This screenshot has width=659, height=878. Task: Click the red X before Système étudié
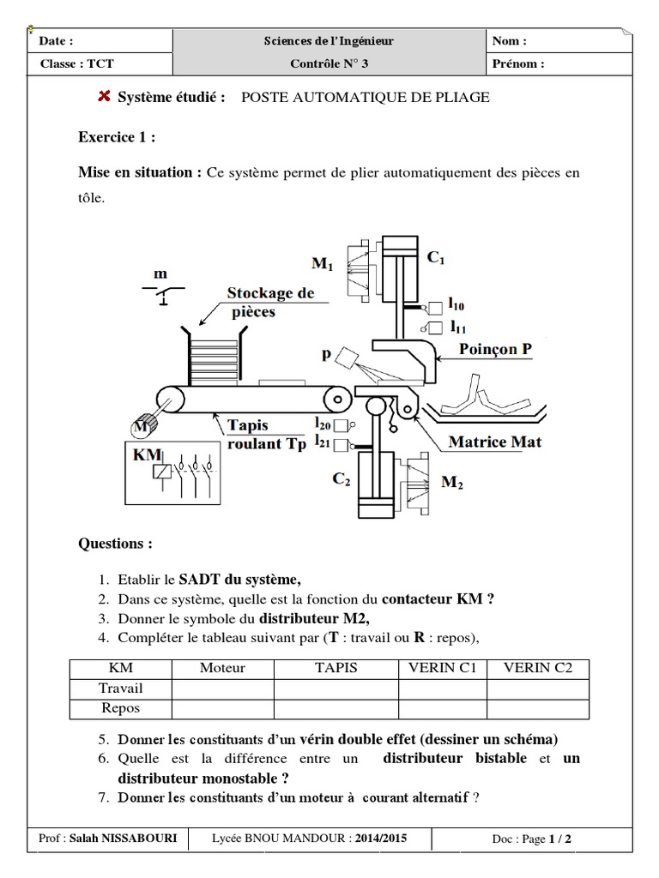(104, 97)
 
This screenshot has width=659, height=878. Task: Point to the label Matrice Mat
(494, 443)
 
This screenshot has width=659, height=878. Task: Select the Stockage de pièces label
(269, 303)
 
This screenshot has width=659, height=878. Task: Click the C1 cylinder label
(436, 257)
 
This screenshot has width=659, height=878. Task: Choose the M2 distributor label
(452, 483)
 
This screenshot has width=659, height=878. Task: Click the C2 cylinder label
(342, 481)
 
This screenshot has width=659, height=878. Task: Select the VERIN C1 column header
(442, 668)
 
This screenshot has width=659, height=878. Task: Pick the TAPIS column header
(336, 668)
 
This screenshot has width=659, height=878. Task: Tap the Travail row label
(121, 689)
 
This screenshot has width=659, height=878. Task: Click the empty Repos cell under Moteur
(223, 709)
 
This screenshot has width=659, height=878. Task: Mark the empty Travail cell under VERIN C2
(537, 689)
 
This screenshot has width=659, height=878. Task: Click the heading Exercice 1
(117, 137)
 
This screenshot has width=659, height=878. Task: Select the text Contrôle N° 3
(329, 63)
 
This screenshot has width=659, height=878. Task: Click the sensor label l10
(456, 304)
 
